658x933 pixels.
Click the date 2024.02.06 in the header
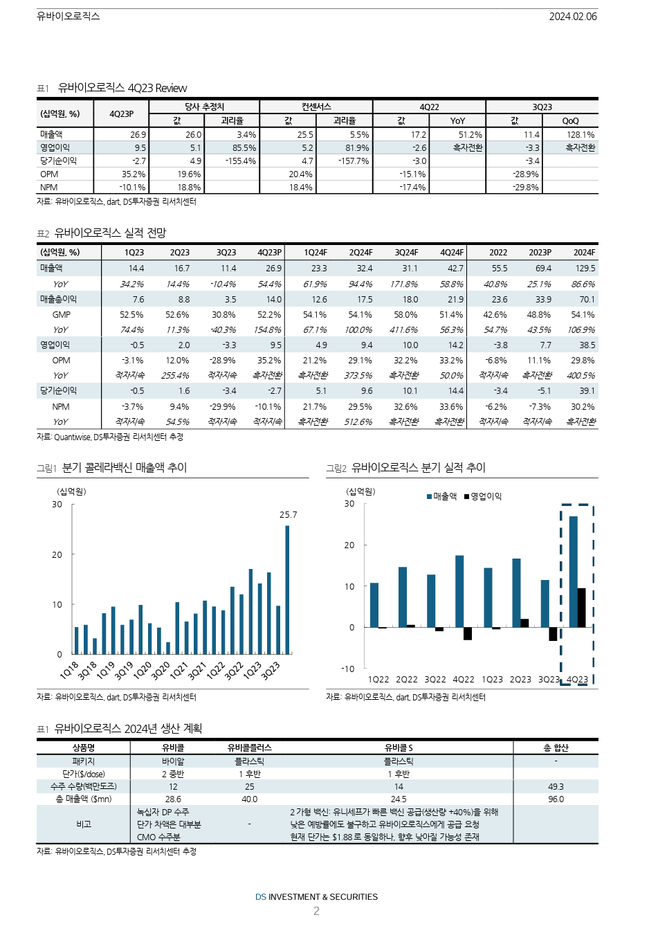(x=573, y=16)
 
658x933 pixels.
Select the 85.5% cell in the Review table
(x=244, y=147)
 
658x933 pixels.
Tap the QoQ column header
(x=570, y=121)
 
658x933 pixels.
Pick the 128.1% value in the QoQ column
(x=580, y=134)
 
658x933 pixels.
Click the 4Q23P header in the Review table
(x=121, y=114)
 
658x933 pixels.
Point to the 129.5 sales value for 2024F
(x=585, y=269)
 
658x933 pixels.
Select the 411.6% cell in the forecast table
(x=404, y=330)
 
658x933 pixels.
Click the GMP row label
(x=61, y=314)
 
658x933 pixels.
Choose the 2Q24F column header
(x=360, y=253)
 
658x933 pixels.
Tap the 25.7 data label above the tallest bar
(x=289, y=515)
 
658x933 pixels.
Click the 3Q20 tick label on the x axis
(x=161, y=670)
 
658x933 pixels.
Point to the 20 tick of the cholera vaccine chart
(x=57, y=554)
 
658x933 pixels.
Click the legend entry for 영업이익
(x=483, y=496)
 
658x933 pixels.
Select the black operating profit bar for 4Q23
(x=581, y=608)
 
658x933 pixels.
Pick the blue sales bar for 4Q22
(x=459, y=591)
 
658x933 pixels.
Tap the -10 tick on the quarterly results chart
(x=348, y=669)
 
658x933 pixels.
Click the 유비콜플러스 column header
(x=250, y=748)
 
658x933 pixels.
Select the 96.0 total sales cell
(x=556, y=799)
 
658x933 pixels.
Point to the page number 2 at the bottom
(x=316, y=911)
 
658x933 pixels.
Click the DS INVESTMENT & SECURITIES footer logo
(x=316, y=897)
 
